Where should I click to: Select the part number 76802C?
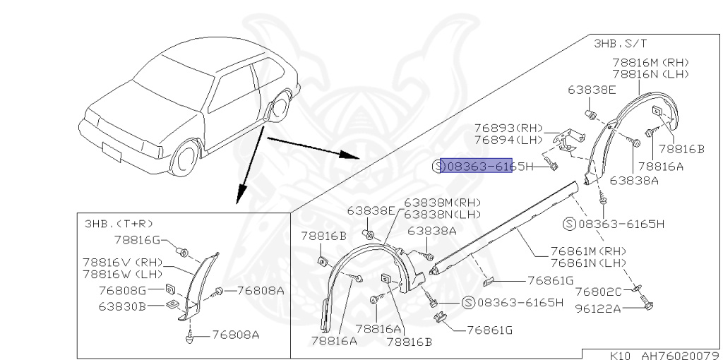598,292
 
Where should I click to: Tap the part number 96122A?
598,308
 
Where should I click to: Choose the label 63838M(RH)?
440,202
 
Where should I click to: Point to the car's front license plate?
112,150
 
